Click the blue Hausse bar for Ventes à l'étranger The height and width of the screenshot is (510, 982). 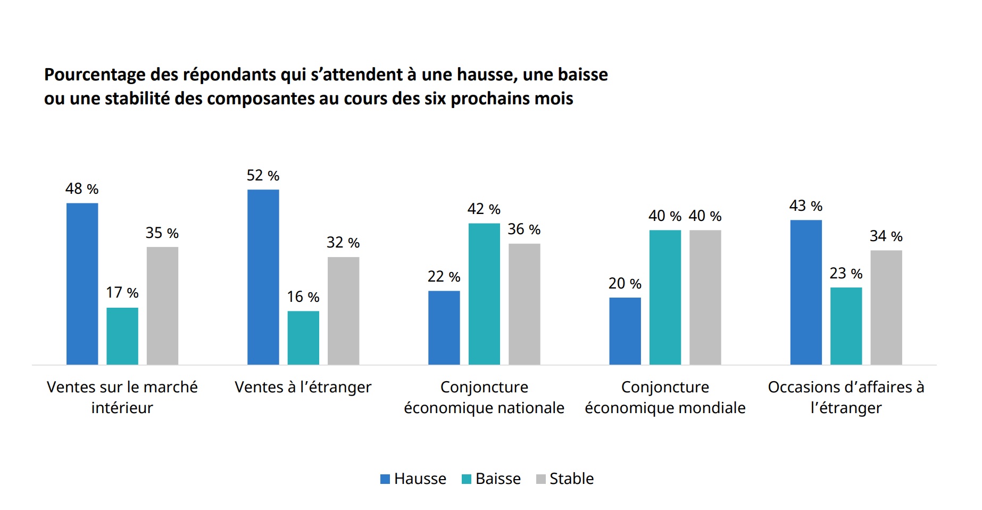(263, 277)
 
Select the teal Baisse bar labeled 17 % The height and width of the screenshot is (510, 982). (122, 336)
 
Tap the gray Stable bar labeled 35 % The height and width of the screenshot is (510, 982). (162, 306)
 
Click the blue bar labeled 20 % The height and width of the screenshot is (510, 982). (625, 331)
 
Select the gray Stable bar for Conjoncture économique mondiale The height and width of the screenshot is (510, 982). (705, 297)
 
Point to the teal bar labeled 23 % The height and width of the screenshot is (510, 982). (846, 326)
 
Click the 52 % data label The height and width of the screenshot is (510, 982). (263, 176)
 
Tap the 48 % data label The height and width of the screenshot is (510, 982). (82, 189)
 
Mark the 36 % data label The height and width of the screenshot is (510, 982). (524, 229)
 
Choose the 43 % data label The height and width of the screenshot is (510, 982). (805, 206)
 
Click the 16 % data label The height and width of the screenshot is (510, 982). (303, 297)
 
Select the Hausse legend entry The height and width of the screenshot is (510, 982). (413, 479)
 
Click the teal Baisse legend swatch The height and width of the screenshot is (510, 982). (467, 479)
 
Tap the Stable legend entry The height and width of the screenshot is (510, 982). (565, 479)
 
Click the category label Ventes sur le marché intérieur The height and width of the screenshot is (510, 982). (122, 397)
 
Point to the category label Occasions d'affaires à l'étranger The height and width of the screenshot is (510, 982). (846, 397)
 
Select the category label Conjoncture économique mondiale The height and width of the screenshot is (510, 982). (665, 397)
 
